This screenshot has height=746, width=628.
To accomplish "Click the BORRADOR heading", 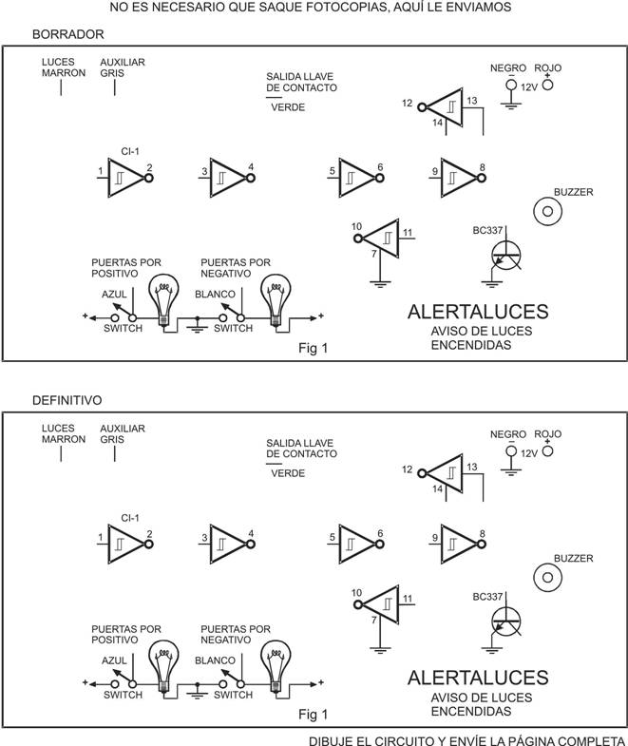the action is pos(68,34).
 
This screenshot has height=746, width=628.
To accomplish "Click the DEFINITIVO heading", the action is pos(67,400).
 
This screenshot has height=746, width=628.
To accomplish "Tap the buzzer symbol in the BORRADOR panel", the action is pos(547,211).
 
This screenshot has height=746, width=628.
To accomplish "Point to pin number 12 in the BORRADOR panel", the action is pos(407,103).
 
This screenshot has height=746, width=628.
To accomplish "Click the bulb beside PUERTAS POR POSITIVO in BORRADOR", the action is pos(164,300).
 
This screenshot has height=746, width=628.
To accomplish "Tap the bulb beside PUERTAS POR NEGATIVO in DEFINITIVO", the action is pos(276,667).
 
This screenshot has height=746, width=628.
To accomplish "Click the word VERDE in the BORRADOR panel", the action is pos(288,107).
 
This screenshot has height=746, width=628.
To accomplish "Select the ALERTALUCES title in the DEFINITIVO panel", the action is pos(478,678).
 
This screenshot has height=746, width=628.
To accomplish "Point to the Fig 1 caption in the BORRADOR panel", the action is pos(313,348).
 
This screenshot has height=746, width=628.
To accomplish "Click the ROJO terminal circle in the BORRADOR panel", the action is pos(548,85).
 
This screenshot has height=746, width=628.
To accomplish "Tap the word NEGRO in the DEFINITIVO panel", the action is pos(508,434).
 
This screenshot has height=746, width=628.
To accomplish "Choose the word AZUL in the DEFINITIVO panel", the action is pos(114,660).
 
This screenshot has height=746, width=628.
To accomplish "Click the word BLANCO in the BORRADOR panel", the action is pos(215,294).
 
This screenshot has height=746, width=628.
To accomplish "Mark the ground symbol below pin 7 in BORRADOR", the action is pos(380,284).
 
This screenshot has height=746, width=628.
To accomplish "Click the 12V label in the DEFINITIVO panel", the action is pos(529,453).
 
